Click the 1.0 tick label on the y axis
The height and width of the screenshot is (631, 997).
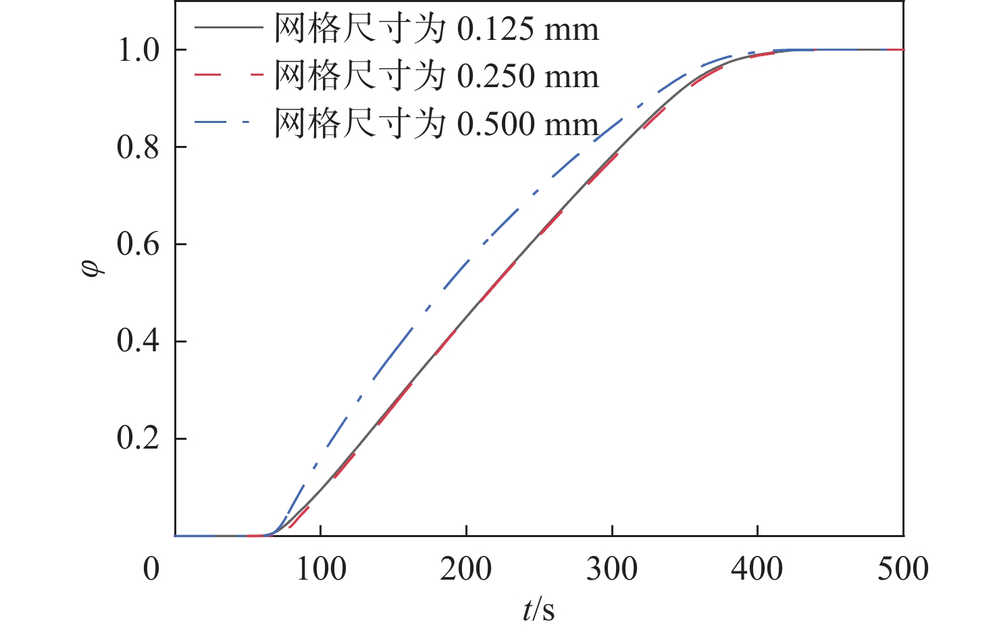point(139,51)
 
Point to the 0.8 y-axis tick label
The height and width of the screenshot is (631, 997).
point(139,147)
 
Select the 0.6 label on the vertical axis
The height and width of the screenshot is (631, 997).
point(139,245)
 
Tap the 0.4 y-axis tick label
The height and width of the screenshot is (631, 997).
point(139,341)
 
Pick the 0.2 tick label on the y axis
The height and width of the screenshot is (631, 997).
point(139,438)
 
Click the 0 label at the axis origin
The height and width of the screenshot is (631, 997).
point(151,569)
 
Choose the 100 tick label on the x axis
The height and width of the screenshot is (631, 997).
point(321,569)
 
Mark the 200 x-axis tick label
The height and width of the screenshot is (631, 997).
point(466,569)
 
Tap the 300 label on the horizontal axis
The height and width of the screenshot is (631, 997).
point(612,569)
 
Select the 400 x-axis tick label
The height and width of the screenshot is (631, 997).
point(757,569)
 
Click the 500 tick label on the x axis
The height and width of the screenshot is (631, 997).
point(903,569)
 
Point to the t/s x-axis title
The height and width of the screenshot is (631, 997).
point(538,610)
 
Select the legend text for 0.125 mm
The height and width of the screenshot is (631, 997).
point(436,29)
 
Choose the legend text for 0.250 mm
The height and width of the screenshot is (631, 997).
point(436,76)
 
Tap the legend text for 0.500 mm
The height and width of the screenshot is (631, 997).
point(436,123)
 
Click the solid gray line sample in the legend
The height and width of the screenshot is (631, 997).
point(228,28)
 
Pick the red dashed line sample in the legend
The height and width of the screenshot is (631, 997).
point(228,74)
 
